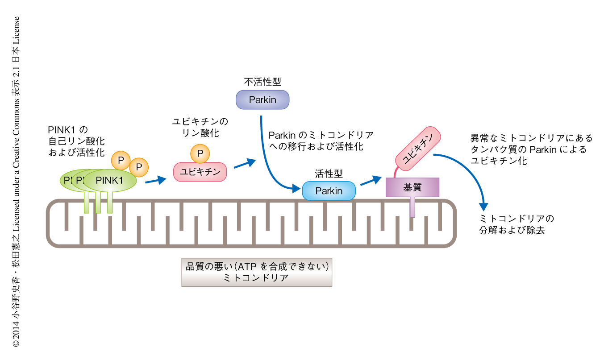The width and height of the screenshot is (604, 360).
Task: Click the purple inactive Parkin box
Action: [x=262, y=100]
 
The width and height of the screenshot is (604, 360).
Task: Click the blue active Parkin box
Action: [x=329, y=191]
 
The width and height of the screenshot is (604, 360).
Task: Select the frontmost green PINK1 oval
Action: [x=110, y=180]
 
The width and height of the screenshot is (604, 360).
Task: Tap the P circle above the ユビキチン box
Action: [x=200, y=153]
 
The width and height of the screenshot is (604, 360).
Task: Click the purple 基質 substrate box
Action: [x=412, y=187]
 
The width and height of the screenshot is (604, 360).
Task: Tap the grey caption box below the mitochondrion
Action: [x=257, y=272]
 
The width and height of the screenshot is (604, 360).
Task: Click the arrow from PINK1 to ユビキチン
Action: [x=155, y=180]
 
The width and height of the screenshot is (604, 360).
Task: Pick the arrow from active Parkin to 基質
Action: [x=370, y=180]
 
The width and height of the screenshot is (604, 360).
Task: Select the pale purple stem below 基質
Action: [x=412, y=207]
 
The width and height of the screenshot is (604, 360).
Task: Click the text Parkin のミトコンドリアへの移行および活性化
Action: [x=321, y=141]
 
